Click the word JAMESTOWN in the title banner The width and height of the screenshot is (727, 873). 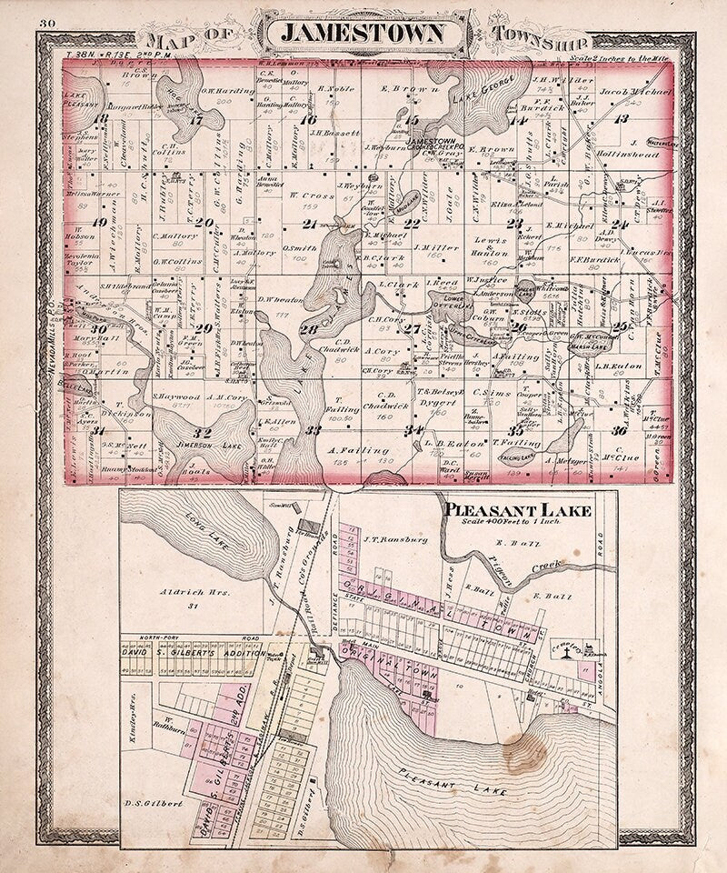[363, 34]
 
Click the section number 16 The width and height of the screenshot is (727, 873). [309, 119]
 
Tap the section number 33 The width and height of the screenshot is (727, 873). [314, 429]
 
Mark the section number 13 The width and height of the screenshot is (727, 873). [622, 119]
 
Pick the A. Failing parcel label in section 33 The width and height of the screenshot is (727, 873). [348, 449]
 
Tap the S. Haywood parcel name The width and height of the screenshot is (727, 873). [177, 396]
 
